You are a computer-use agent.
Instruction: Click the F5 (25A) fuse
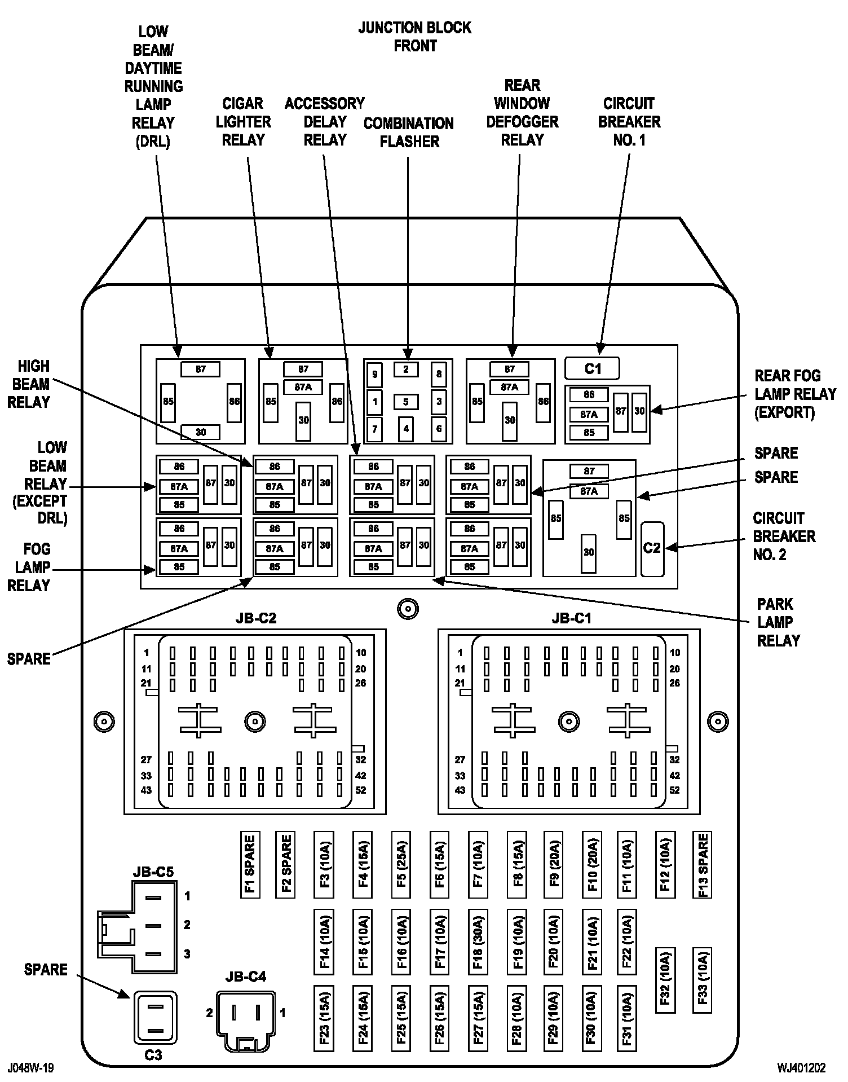click(x=401, y=864)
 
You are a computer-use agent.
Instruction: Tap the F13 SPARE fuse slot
click(x=702, y=864)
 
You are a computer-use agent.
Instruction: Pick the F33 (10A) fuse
click(x=702, y=980)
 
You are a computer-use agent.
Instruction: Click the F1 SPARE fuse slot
click(x=250, y=864)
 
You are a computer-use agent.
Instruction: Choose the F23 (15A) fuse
click(x=324, y=1019)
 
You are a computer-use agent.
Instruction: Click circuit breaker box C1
click(x=592, y=369)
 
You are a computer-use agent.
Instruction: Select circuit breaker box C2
click(x=652, y=548)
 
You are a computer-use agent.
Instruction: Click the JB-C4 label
click(x=246, y=977)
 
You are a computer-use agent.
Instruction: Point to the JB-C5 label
click(x=153, y=872)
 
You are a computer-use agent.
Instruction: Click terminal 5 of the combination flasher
click(x=406, y=402)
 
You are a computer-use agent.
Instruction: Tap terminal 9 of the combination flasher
click(x=374, y=374)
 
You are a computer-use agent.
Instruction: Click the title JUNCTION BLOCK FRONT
click(x=415, y=37)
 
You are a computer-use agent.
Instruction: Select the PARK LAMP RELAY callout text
click(x=778, y=622)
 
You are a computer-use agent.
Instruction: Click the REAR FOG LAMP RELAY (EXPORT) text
click(x=795, y=394)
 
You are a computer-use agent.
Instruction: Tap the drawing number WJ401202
click(x=801, y=1067)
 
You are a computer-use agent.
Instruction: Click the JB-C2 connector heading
click(x=256, y=618)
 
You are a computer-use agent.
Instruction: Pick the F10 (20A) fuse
click(x=592, y=864)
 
